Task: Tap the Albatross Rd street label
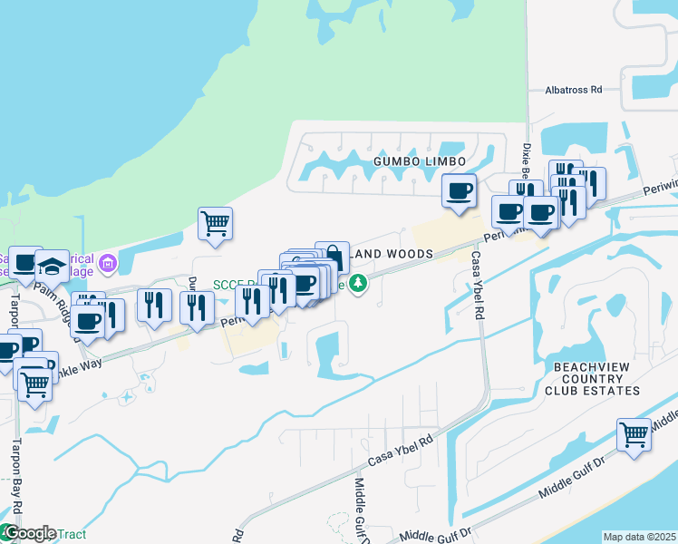click(574, 90)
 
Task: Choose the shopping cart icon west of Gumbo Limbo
click(215, 222)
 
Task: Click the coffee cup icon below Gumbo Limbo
click(460, 190)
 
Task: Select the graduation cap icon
click(52, 266)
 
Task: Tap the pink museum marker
click(108, 264)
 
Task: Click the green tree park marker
click(359, 284)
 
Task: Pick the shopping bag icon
click(333, 257)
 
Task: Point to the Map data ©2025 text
click(639, 537)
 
